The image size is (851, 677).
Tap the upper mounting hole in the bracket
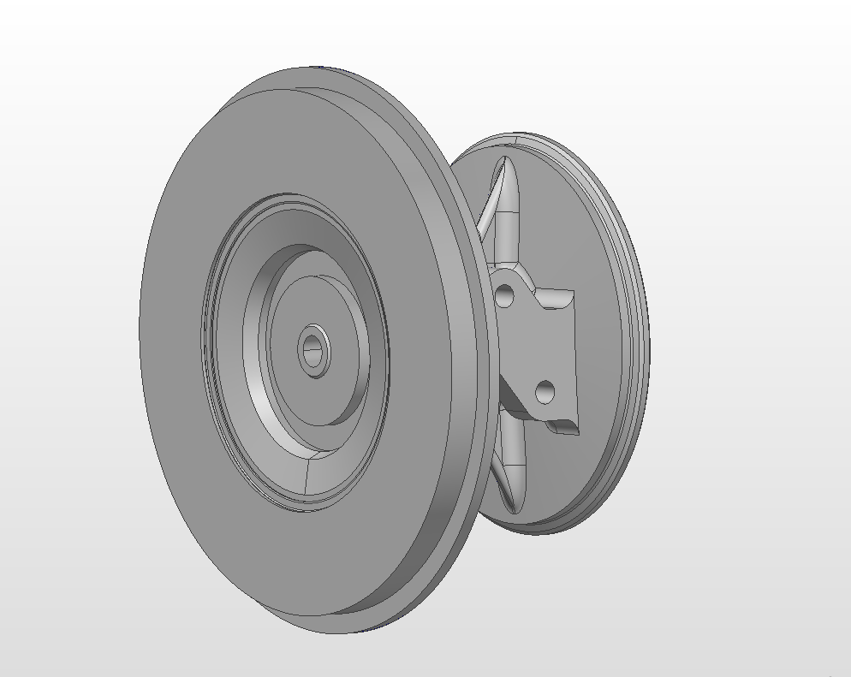click(x=505, y=296)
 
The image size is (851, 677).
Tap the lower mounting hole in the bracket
click(x=545, y=393)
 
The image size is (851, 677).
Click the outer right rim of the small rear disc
click(x=642, y=342)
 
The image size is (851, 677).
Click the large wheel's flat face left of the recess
click(x=171, y=342)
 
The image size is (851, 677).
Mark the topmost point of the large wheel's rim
click(x=317, y=68)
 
